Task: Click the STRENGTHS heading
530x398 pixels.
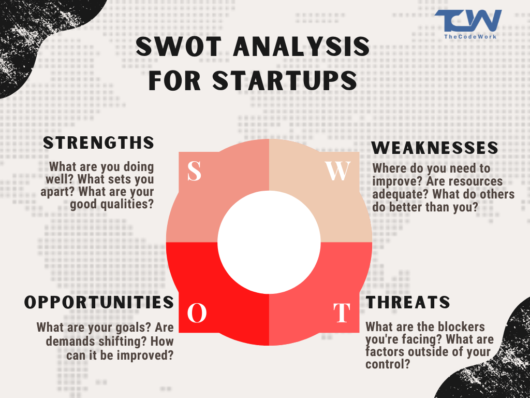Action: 98,143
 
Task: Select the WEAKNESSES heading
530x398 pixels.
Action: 435,148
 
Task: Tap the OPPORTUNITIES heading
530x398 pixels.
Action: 99,302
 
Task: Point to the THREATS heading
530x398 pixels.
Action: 408,302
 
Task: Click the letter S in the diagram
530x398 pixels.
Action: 194,171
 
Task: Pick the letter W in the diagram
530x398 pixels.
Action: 337,172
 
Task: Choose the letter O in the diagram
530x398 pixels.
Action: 197,313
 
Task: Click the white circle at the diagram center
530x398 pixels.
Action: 269,242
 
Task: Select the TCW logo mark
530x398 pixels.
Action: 467,21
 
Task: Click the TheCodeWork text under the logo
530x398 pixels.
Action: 467,37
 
